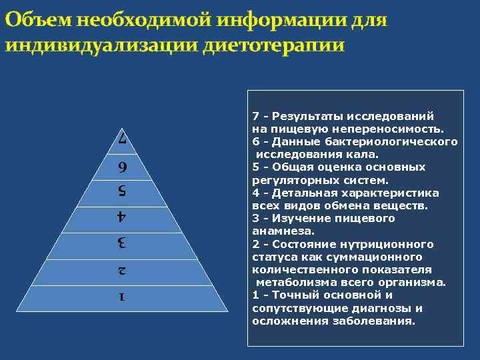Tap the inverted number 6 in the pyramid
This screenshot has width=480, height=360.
(122, 167)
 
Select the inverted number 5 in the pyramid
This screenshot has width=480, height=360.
(122, 192)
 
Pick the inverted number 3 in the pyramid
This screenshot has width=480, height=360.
(121, 243)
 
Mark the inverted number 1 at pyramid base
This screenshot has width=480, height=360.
(121, 297)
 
